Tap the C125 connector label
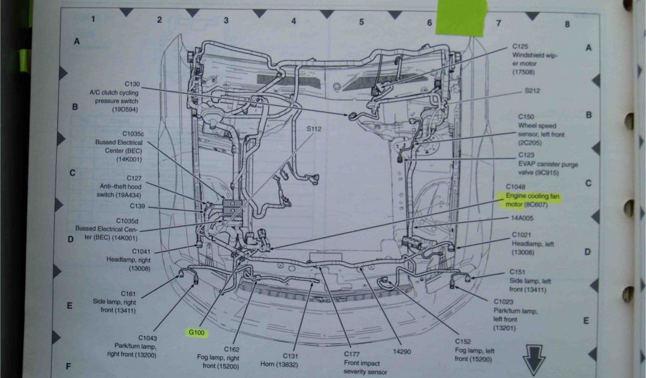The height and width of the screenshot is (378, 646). (520, 46)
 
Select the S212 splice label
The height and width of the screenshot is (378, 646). (532, 91)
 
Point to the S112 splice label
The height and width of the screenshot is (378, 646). (314, 129)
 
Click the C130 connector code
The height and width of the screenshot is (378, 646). (132, 84)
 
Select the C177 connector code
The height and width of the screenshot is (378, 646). (352, 354)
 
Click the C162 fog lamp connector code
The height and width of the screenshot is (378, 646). (232, 348)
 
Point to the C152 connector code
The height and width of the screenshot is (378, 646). (464, 341)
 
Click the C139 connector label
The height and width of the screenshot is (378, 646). (138, 206)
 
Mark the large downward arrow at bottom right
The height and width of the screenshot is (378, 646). (534, 362)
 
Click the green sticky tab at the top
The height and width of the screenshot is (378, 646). (461, 17)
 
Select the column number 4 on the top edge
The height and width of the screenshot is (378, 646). (293, 21)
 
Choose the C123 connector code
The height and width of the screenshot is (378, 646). (526, 154)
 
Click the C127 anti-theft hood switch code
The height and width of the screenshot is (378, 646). (134, 178)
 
